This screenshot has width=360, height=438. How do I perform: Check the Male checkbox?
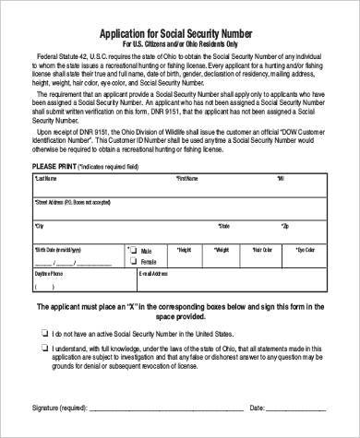click(134, 249)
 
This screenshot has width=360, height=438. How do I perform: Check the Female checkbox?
click(134, 260)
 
